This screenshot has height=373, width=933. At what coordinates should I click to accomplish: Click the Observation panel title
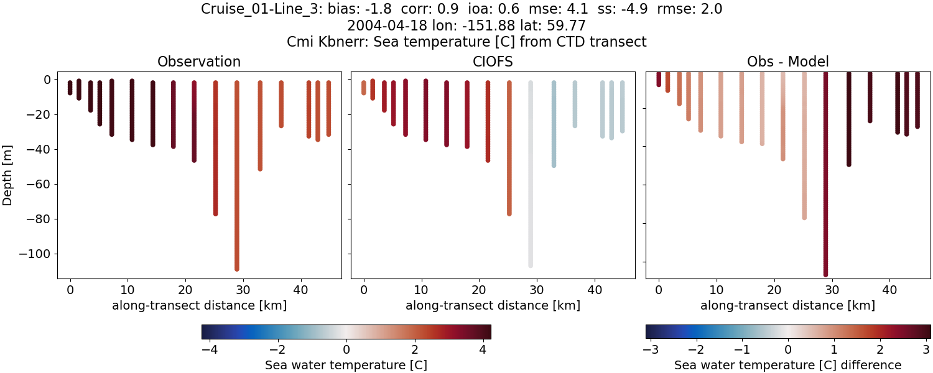(x=199, y=62)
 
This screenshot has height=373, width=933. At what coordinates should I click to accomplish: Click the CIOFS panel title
(x=493, y=62)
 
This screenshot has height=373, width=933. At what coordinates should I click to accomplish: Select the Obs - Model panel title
(x=787, y=62)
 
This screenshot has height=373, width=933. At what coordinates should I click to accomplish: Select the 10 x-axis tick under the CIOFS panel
(x=422, y=290)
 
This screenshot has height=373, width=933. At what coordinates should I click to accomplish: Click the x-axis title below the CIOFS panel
(x=493, y=305)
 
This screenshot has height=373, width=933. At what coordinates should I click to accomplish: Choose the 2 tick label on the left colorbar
(x=415, y=349)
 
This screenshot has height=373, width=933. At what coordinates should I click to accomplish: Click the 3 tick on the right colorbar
(x=926, y=349)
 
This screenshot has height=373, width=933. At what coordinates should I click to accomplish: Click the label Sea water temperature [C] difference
(x=787, y=365)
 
